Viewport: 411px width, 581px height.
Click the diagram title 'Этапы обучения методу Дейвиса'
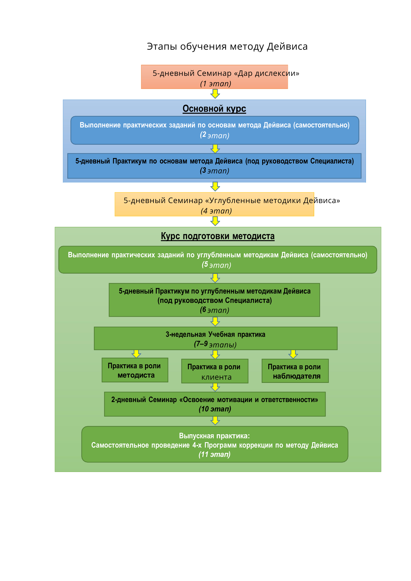[x=227, y=46]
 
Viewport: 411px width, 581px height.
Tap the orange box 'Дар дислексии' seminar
[x=215, y=77]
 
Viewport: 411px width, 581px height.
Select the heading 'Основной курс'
[x=214, y=109]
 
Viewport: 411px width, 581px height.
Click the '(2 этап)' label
[x=215, y=135]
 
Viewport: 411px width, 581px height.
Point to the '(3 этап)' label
[x=215, y=171]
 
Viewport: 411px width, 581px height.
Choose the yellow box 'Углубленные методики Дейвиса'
[x=215, y=204]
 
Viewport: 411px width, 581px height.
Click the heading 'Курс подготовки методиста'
[x=217, y=236]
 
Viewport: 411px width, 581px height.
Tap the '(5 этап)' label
[x=217, y=265]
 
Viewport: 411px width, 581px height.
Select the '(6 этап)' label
[x=215, y=310]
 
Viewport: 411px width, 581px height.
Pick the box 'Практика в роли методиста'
[x=135, y=370]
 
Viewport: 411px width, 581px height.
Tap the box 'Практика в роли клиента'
[x=215, y=371]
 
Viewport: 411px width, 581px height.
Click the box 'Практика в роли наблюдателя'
[x=295, y=371]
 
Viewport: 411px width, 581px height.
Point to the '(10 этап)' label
[x=215, y=409]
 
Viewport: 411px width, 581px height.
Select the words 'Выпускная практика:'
[x=215, y=436]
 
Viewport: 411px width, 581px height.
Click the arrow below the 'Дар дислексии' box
[x=215, y=94]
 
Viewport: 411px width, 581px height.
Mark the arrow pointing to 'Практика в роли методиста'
[x=136, y=354]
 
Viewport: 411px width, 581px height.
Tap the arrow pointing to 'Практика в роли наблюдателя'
[x=293, y=354]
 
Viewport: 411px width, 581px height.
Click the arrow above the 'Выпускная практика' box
[x=215, y=421]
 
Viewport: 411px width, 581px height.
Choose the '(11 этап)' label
[x=215, y=454]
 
